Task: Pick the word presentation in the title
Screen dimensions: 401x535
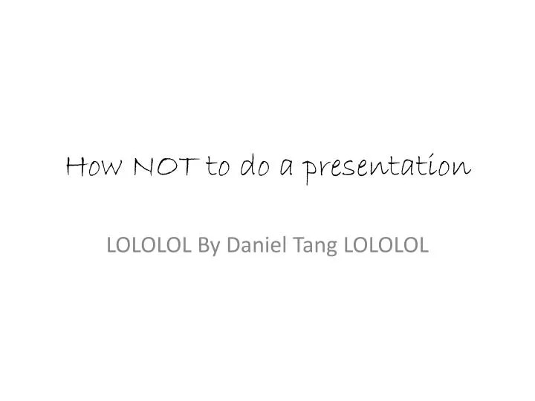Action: (386, 169)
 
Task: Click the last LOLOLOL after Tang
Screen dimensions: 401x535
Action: (386, 245)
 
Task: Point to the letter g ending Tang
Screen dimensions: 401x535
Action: (331, 248)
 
